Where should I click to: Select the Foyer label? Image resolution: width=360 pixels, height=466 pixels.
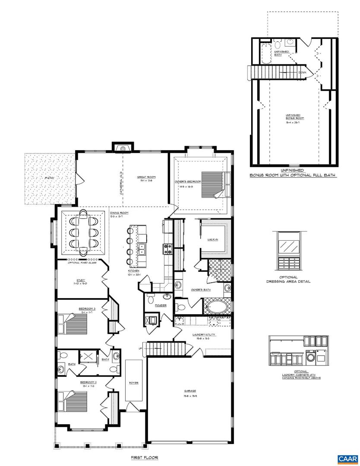coord(133,383)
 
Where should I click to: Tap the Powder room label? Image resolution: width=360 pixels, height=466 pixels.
coord(161,305)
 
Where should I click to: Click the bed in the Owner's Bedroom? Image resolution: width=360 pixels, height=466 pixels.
coord(213,184)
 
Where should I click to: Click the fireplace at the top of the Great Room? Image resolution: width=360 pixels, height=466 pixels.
coord(123,148)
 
